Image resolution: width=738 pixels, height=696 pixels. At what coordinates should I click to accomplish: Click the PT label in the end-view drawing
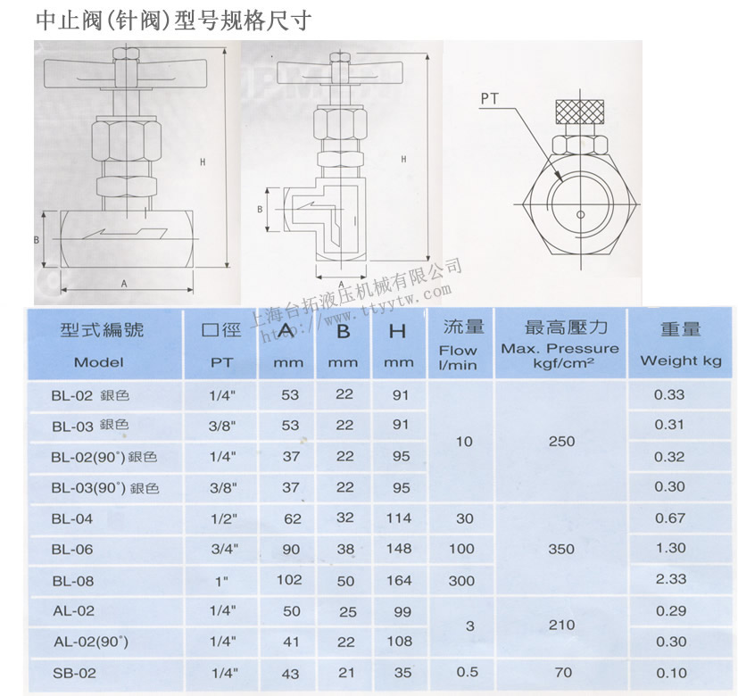point(490,98)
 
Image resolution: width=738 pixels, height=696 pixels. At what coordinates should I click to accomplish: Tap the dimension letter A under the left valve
point(123,283)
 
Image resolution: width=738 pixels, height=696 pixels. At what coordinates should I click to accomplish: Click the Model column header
point(99,361)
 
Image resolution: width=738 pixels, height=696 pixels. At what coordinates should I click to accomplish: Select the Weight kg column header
point(680,360)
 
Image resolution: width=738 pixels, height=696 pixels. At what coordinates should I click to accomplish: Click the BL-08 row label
point(72,580)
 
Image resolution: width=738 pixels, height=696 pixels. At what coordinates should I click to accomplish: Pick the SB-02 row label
point(73,673)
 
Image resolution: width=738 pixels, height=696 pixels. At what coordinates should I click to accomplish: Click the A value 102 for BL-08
point(289,579)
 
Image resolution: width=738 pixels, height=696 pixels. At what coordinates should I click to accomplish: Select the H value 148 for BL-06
point(400,549)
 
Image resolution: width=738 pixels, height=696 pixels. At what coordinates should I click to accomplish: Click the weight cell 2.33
point(670,579)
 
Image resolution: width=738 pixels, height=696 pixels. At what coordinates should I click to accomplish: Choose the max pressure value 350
point(561,549)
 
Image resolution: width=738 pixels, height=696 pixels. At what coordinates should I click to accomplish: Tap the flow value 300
point(461,580)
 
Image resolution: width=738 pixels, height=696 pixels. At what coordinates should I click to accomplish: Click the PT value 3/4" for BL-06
point(221,549)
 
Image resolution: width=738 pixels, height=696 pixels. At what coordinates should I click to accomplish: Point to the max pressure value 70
point(561,672)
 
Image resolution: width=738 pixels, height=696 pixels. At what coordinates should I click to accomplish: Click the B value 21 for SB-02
point(345,671)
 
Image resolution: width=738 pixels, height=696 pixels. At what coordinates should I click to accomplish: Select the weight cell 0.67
point(670,518)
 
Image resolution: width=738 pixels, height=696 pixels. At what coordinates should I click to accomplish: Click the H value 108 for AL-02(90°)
point(401,641)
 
